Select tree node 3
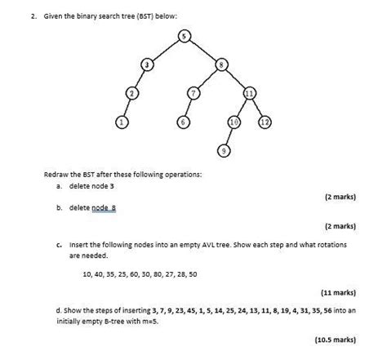(147, 64)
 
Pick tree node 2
(131, 93)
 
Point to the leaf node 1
(122, 122)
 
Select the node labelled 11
(249, 93)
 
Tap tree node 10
(234, 122)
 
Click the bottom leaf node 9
(224, 150)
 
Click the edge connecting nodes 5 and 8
(202, 49)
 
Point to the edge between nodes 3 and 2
(139, 78)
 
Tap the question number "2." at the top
(25, 15)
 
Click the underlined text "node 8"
(105, 207)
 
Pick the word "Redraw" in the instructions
(59, 174)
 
